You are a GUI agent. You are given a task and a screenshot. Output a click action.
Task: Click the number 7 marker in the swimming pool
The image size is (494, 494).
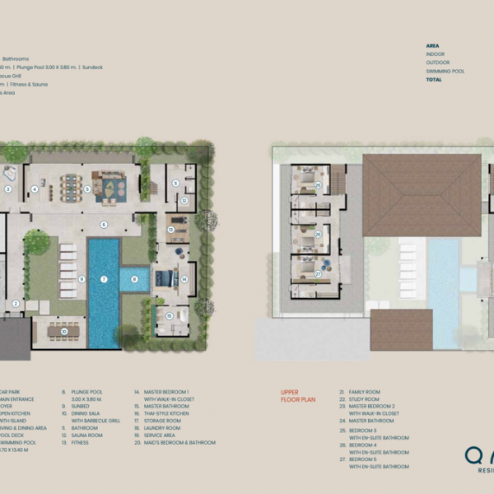[x=105, y=279]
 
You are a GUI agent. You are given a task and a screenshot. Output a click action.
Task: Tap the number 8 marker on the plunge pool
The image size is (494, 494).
[x=133, y=279]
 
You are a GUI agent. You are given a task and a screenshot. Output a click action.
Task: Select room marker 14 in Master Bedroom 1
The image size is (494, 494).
[x=184, y=279]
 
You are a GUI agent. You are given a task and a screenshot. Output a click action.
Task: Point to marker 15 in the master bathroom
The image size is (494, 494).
[x=170, y=315]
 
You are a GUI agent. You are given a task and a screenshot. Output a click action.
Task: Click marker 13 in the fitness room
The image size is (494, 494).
[x=170, y=230]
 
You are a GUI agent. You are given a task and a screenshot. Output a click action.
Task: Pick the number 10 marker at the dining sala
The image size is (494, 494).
[x=63, y=333]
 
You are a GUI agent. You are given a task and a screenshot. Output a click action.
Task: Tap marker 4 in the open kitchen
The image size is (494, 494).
[x=35, y=189]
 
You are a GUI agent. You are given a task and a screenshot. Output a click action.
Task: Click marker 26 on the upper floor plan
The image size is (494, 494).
[x=318, y=234]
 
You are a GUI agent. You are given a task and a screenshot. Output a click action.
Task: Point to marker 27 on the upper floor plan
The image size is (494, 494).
[x=318, y=274]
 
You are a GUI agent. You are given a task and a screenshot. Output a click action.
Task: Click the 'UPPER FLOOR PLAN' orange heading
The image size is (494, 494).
[x=298, y=396]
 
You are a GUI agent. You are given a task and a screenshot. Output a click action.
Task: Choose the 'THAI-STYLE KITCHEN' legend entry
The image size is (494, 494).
[x=167, y=413]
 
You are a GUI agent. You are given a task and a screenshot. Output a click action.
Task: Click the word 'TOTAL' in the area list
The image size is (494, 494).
[x=434, y=80]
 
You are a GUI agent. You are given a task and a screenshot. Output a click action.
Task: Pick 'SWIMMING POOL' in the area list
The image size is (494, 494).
[x=445, y=72]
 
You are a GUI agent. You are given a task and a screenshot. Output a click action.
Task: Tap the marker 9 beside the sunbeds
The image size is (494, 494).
[x=82, y=279]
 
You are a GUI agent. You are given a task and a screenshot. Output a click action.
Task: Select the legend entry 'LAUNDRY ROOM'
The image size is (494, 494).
[x=162, y=428]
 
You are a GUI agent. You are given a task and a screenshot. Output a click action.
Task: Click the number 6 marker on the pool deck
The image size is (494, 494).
[x=105, y=224]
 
